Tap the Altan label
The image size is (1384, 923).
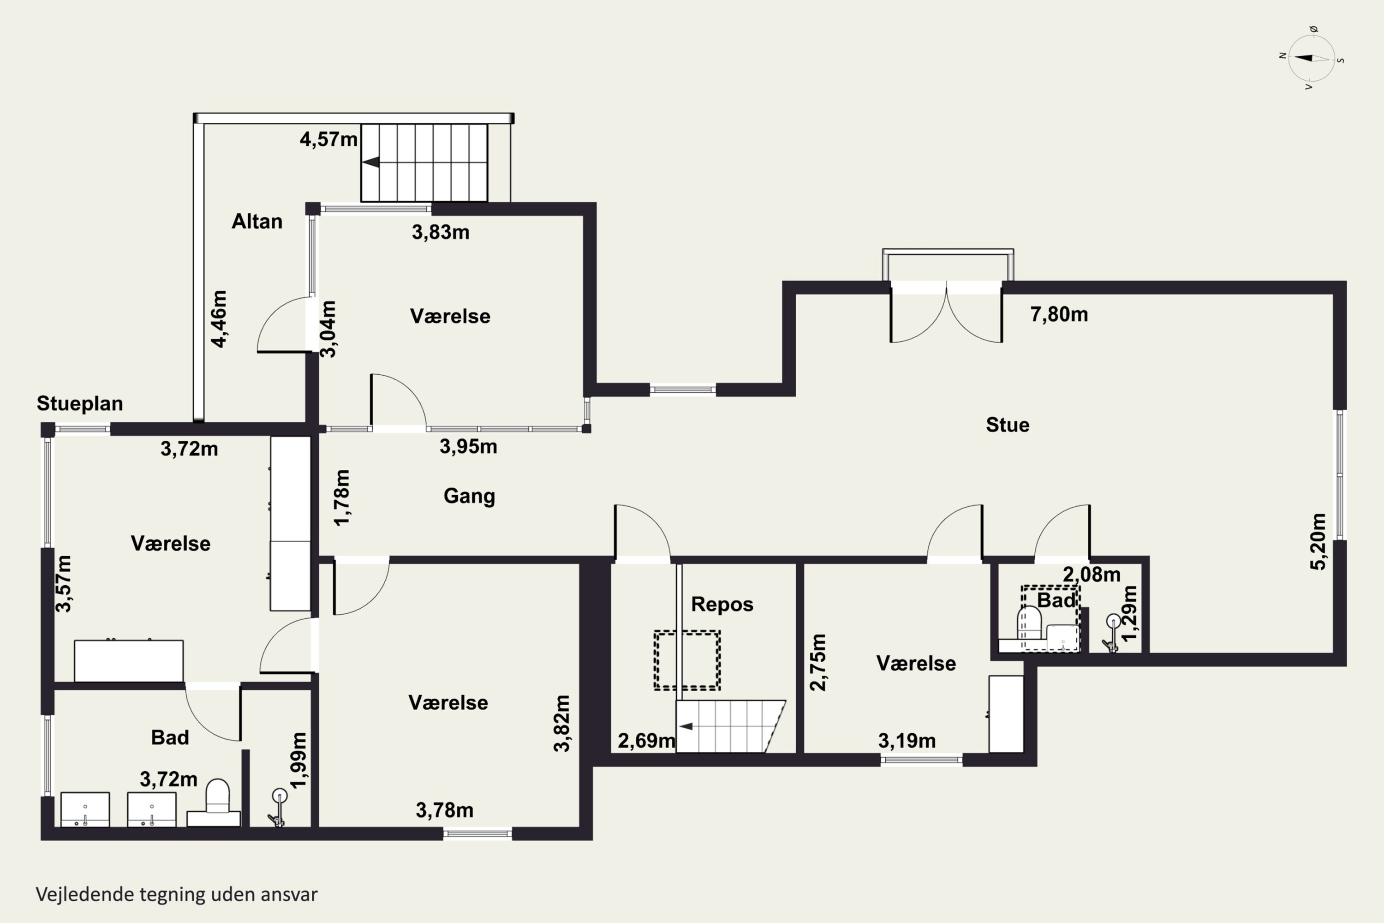257,222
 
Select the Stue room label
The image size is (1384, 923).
1008,425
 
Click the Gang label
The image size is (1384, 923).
469,496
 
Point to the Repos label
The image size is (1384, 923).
722,605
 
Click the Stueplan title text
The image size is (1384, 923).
80,404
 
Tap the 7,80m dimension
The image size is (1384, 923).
1059,314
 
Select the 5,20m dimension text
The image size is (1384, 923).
1318,541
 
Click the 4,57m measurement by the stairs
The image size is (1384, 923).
328,139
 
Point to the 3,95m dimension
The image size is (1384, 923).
468,447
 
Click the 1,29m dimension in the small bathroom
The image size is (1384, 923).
1129,613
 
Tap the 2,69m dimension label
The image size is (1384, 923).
646,741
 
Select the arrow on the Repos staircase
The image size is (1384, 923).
686,726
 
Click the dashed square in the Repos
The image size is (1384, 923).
687,659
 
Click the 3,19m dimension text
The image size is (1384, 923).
907,741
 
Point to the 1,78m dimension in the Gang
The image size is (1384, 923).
342,497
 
